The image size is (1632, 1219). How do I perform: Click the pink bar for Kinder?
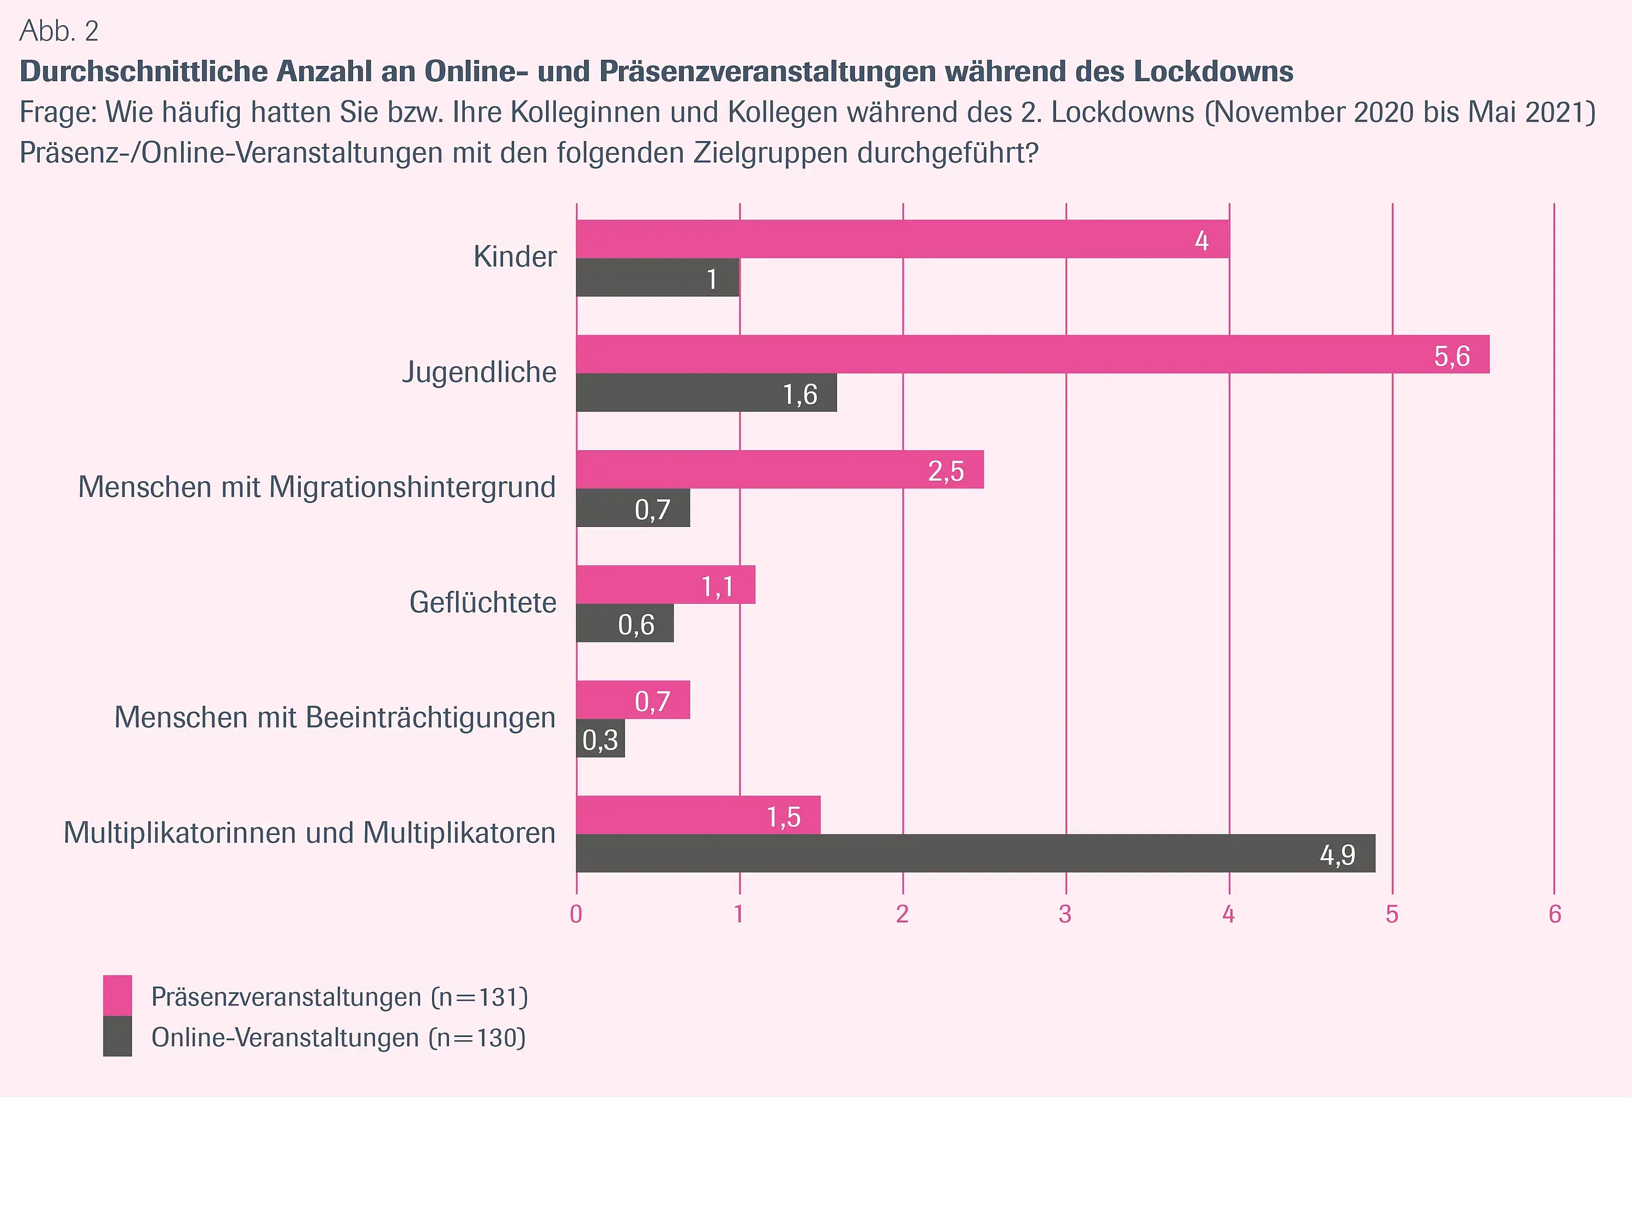point(902,239)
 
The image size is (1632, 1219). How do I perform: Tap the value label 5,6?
point(1451,356)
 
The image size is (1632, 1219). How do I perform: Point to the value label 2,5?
point(946,471)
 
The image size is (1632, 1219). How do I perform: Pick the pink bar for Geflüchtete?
point(665,584)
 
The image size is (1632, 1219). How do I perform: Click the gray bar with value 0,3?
point(600,738)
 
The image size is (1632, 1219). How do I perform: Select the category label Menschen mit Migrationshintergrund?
point(317,487)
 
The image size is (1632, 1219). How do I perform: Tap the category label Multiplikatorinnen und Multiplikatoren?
point(309,833)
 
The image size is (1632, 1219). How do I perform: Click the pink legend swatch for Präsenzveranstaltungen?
point(117,996)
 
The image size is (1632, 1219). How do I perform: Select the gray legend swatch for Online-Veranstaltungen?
point(117,1037)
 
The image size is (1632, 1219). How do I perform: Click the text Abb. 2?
point(58,31)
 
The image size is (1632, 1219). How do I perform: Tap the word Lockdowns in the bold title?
point(1213,71)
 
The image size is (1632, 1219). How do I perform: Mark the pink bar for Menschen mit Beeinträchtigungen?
point(632,700)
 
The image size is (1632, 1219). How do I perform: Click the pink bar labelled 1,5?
point(697,815)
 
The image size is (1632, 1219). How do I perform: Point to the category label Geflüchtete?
point(483,603)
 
